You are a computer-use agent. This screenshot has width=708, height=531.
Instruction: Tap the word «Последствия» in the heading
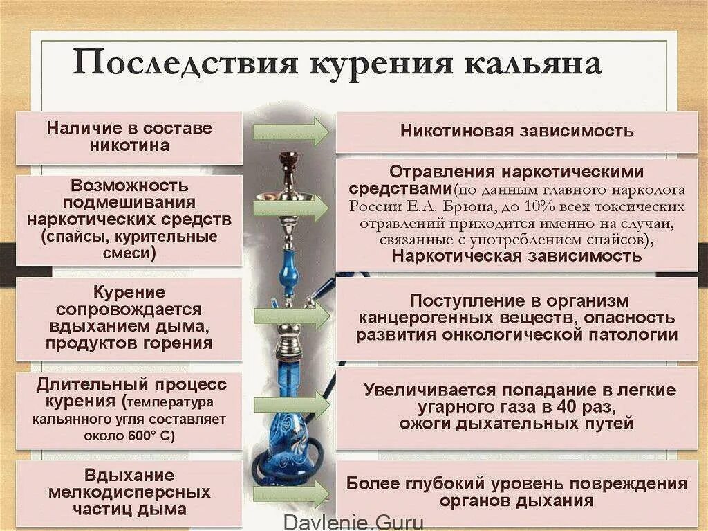click(x=185, y=63)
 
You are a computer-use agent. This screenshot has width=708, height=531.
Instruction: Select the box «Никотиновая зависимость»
click(x=516, y=131)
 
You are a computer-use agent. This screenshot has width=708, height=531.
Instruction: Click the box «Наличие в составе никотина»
click(x=129, y=137)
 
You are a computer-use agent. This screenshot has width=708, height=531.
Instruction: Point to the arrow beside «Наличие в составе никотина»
click(x=290, y=131)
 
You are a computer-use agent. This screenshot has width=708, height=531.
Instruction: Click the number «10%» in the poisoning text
click(x=546, y=207)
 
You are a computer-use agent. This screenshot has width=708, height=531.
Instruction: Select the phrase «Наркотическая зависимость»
click(x=517, y=255)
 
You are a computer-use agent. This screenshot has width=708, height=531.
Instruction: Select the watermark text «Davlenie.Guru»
click(x=353, y=523)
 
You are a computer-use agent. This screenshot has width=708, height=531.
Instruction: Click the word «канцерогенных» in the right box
click(x=415, y=318)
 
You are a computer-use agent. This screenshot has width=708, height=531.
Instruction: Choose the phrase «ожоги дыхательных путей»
click(x=516, y=423)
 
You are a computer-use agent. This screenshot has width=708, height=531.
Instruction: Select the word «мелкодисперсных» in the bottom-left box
click(x=129, y=492)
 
